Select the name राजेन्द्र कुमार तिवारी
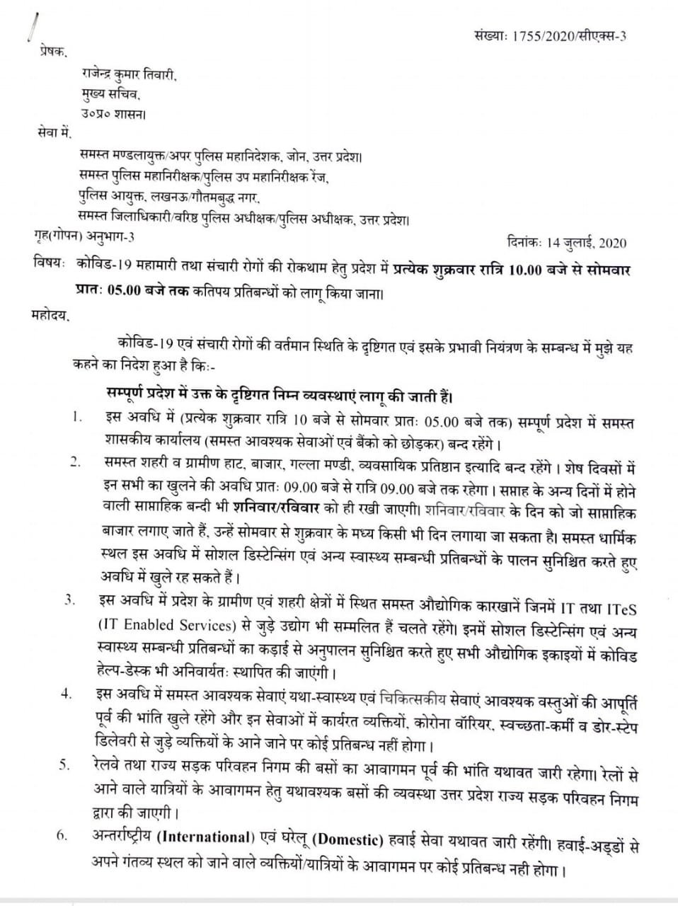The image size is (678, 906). (128, 73)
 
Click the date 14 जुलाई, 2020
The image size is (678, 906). (586, 243)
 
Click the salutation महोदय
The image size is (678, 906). (51, 314)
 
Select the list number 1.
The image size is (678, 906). (76, 417)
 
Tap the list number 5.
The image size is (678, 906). (64, 764)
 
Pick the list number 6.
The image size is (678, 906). (63, 835)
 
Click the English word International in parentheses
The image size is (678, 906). (205, 837)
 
